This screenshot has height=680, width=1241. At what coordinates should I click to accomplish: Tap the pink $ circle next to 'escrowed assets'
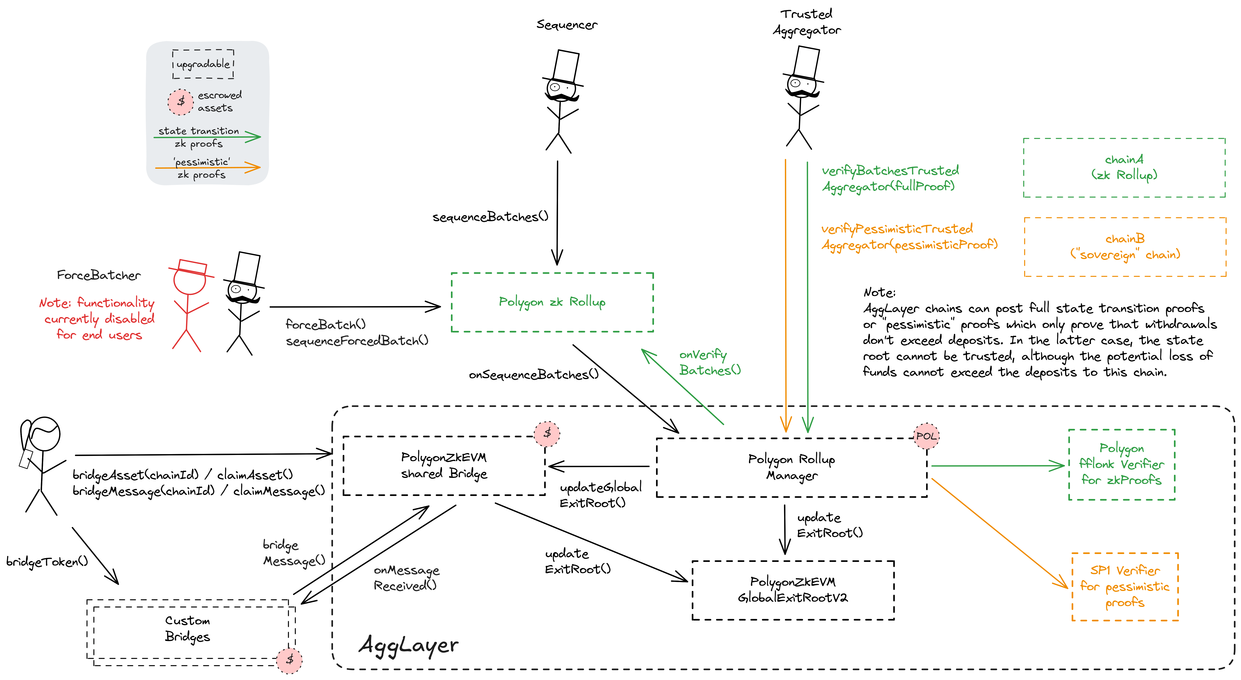(x=181, y=102)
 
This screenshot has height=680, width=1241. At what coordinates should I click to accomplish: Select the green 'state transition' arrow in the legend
(x=207, y=137)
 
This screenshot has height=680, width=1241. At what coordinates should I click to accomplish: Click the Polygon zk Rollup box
(x=552, y=302)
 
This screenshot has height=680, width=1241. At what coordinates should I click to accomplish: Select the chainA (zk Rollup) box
(x=1124, y=168)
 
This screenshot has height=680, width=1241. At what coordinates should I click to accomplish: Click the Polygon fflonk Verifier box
(x=1122, y=464)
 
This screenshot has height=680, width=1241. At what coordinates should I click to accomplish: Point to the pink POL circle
(x=926, y=436)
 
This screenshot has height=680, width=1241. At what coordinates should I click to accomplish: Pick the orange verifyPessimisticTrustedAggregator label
(x=909, y=237)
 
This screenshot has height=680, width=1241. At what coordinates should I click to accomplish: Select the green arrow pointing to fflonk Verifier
(x=997, y=466)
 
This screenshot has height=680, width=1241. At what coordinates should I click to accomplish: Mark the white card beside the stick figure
(x=247, y=268)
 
